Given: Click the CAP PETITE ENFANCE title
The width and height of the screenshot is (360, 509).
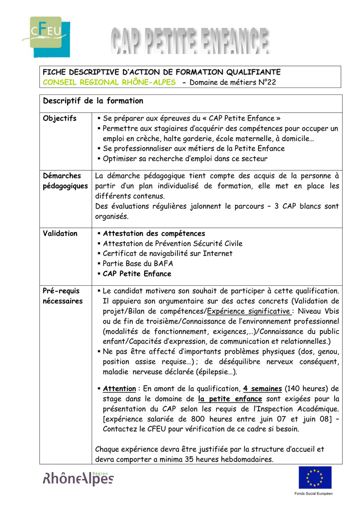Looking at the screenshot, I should [189, 42].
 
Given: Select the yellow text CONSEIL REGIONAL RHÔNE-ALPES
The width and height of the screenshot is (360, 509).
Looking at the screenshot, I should [109, 82].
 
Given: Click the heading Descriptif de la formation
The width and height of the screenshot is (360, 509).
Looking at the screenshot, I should [93, 101].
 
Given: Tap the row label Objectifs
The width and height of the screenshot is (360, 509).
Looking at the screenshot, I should [60, 118].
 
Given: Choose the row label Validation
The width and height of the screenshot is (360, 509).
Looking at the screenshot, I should [60, 233].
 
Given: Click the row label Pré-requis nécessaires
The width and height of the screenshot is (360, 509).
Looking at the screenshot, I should [63, 296].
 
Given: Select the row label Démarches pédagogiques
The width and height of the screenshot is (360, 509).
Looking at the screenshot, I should [65, 180].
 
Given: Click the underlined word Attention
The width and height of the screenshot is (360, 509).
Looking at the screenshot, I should [119, 389].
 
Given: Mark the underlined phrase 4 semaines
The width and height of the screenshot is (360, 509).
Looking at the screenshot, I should [263, 389].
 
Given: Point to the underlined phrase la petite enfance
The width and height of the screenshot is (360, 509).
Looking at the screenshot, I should [230, 399].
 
